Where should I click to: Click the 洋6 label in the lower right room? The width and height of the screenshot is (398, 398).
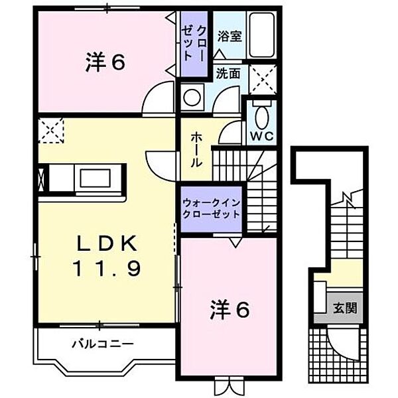(230, 308)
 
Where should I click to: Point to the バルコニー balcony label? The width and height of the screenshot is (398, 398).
(103, 344)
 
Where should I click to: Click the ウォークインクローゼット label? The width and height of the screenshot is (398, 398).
(212, 211)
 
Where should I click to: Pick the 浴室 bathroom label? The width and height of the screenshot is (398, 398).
(232, 34)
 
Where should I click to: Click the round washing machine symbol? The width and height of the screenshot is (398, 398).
(192, 97)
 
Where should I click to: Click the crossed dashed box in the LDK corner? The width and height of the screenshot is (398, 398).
(50, 130)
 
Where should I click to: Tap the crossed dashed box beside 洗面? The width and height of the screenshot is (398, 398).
(262, 80)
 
